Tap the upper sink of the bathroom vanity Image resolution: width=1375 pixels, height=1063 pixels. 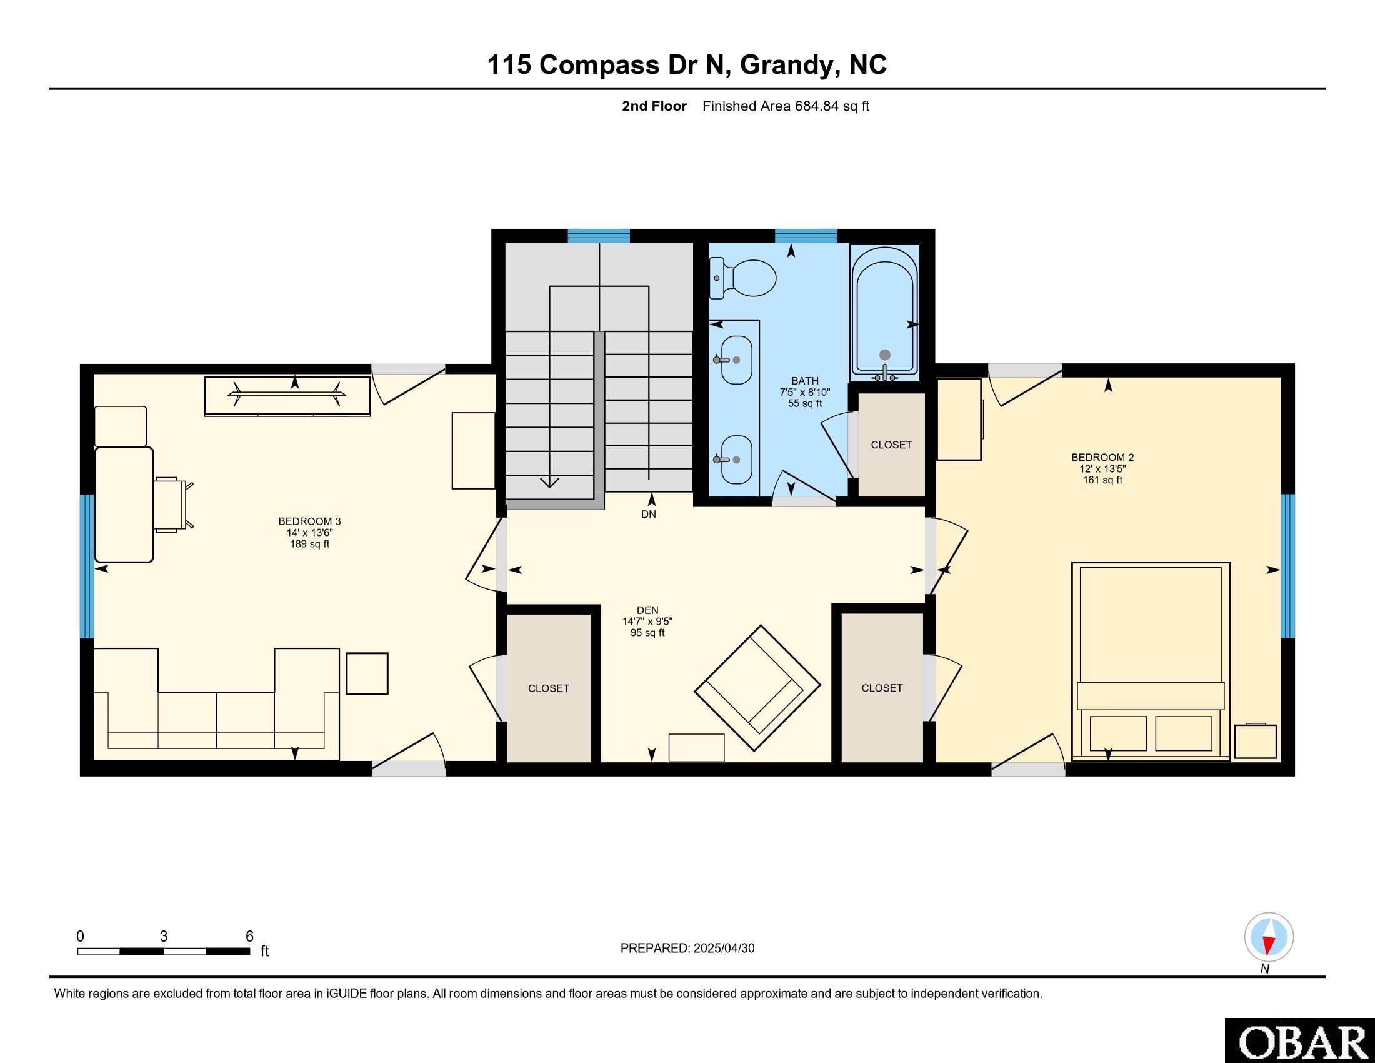735,360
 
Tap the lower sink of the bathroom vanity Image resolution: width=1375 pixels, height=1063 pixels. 735,460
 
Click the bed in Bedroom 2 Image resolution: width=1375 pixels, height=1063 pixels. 1151,660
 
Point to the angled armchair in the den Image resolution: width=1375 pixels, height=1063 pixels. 757,688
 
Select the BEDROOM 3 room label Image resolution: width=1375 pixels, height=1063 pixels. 310,521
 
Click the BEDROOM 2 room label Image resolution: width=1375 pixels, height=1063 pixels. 1102,457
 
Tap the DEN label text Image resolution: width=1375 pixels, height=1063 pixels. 647,610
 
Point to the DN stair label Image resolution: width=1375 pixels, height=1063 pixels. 649,514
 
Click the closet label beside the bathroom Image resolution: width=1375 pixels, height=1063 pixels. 891,445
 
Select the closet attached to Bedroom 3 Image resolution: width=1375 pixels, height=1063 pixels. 549,688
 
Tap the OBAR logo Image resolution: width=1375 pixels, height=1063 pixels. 1300,1040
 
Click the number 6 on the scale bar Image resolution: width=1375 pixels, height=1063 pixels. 249,937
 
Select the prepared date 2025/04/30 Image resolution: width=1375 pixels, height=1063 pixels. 723,949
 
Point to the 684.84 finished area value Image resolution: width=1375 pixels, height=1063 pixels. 817,106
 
